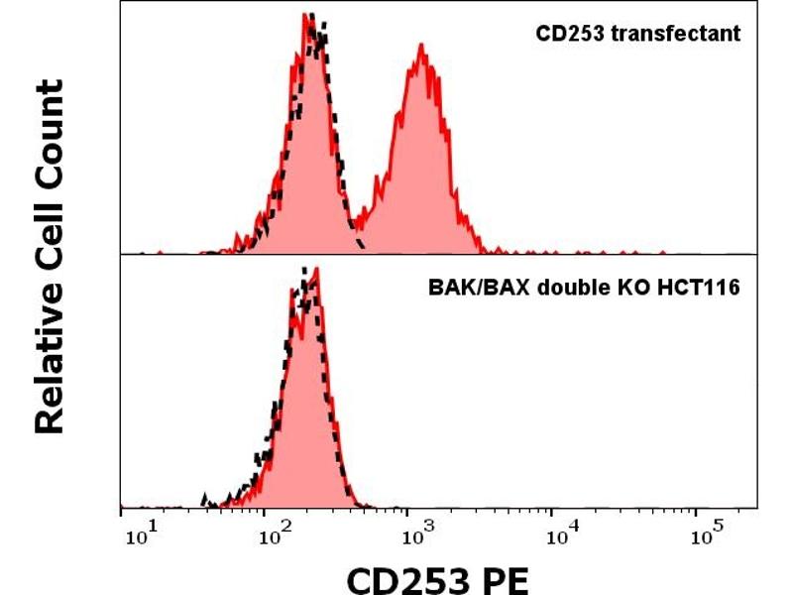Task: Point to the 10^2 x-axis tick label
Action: (277, 537)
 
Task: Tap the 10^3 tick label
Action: (417, 537)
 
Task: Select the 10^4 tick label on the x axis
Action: (560, 537)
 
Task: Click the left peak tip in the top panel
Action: (309, 15)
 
